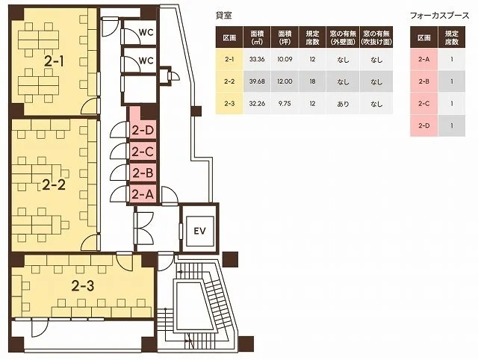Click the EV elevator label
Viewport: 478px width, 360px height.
(199, 231)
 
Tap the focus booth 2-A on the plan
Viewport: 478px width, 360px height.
(143, 194)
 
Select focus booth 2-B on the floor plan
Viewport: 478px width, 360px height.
(143, 173)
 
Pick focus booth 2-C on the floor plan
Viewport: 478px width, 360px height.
(143, 151)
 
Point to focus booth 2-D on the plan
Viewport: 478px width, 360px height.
(143, 131)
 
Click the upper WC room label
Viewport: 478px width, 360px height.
(146, 32)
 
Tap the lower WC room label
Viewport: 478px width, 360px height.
(146, 60)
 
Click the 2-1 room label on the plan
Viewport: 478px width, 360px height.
(54, 62)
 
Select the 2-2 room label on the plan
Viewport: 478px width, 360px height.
(54, 184)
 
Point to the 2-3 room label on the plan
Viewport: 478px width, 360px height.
(83, 286)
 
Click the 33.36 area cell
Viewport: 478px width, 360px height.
(257, 60)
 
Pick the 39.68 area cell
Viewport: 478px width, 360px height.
(257, 81)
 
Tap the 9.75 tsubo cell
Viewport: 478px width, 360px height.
(285, 104)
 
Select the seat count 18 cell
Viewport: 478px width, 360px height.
(312, 81)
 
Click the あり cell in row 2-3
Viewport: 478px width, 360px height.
(343, 104)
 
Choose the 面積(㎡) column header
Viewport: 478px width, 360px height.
(257, 37)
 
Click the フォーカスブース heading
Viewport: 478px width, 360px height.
(439, 16)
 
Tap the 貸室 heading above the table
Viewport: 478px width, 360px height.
(223, 16)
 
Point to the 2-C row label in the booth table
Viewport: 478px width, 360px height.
(423, 104)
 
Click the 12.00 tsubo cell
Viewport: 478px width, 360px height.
(285, 81)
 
